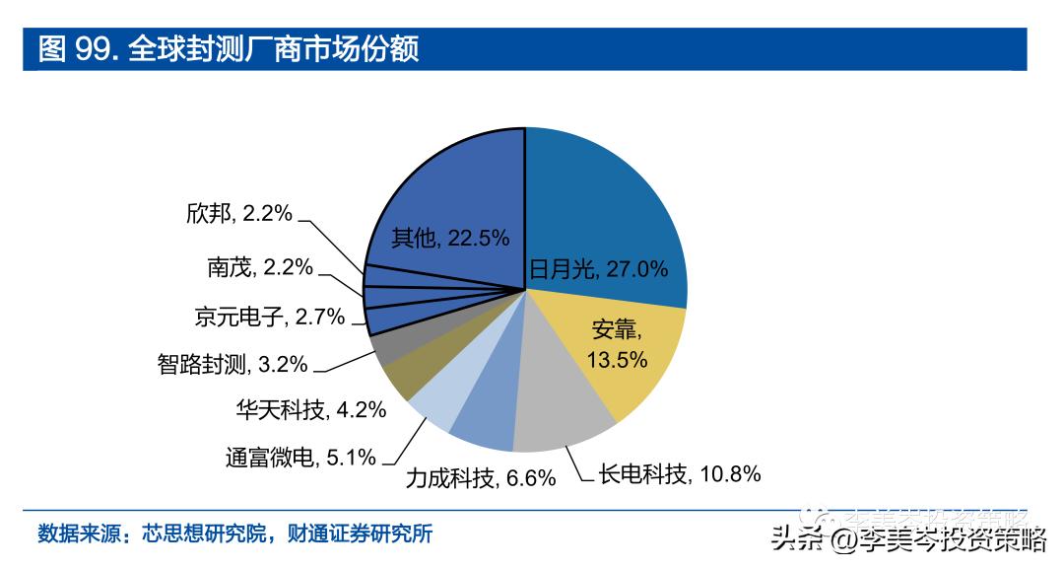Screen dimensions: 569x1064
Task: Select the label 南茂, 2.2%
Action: point(259,266)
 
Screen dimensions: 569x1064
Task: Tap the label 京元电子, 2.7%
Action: point(269,317)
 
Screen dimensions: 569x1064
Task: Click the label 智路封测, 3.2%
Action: point(232,364)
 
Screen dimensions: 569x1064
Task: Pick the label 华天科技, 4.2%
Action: point(310,409)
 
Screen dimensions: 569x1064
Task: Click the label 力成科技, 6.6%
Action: point(481,479)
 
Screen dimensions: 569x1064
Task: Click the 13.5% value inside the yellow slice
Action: point(617,360)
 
